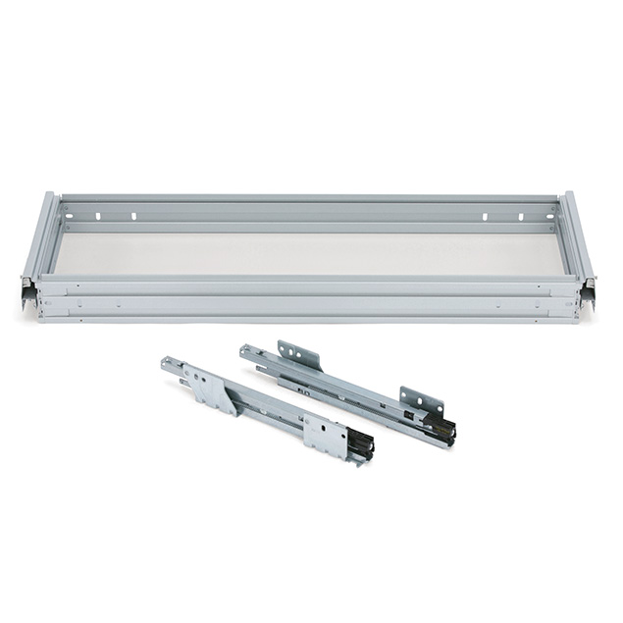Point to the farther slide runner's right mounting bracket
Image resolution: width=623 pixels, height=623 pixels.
420,399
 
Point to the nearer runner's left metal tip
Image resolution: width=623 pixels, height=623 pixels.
169,365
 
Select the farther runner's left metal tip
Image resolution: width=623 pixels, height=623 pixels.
247,350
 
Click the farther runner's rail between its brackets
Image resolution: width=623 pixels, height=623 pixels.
353,389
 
